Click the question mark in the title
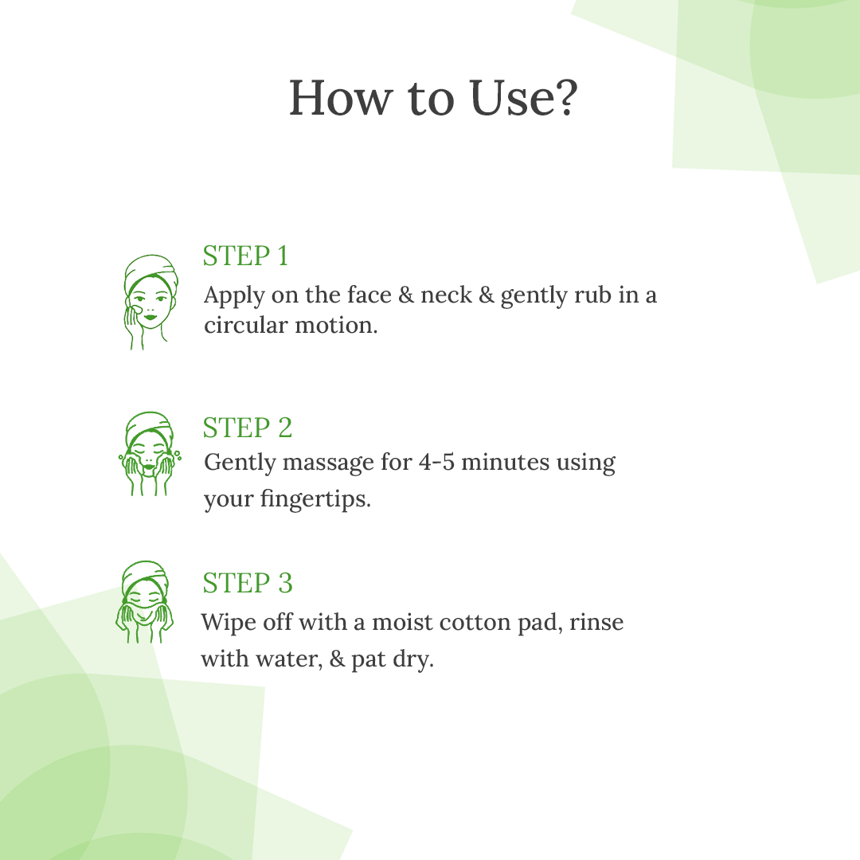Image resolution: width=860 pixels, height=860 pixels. click(563, 98)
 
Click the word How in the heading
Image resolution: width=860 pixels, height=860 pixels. click(341, 98)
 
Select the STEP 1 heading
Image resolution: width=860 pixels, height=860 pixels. click(246, 256)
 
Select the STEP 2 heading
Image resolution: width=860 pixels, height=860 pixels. click(248, 428)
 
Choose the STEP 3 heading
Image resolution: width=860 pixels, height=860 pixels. click(248, 583)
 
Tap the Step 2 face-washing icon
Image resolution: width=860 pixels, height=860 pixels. click(149, 454)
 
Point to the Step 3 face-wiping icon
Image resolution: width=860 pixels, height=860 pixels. click(144, 602)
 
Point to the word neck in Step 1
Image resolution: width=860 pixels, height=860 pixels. click(446, 295)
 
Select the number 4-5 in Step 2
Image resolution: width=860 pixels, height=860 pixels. click(436, 463)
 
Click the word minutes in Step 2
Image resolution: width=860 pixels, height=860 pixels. click(505, 463)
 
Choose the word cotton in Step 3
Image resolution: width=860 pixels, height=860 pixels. click(475, 623)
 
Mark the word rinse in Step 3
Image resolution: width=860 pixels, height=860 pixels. click(596, 623)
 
